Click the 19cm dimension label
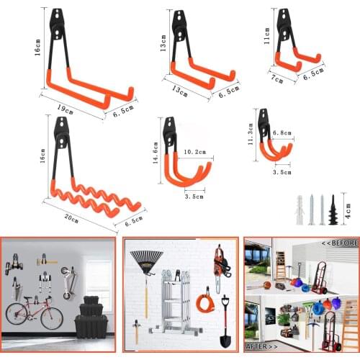coord(65,110)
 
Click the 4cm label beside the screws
coord(348,210)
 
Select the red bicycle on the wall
coord(34,315)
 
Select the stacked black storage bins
coord(91,317)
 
